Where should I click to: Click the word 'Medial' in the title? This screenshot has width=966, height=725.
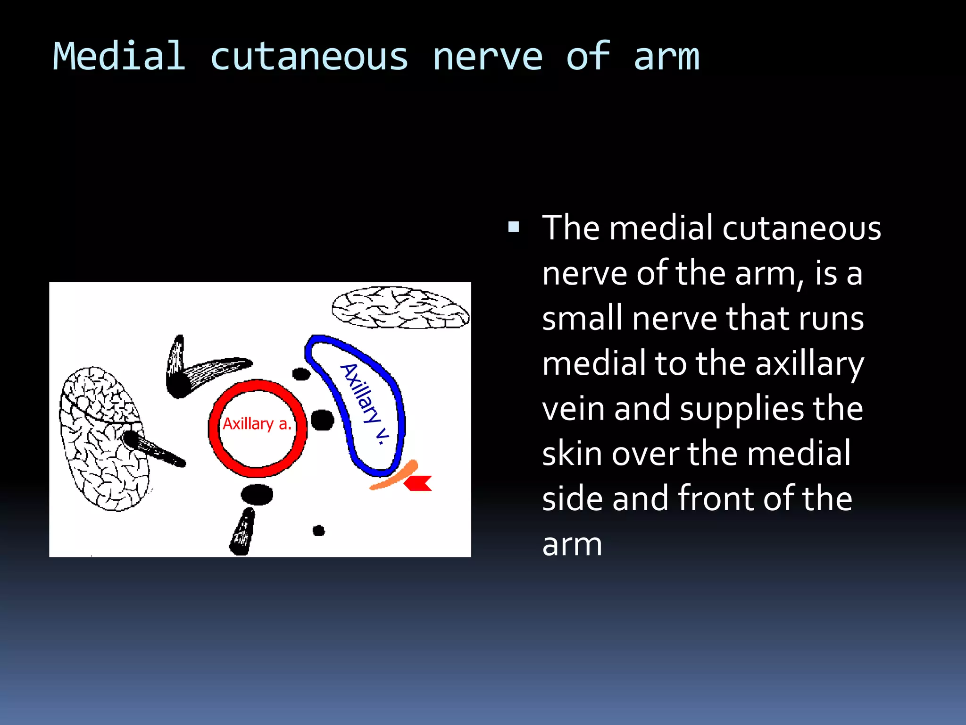click(x=119, y=57)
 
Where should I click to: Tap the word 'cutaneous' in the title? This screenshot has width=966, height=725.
click(x=309, y=57)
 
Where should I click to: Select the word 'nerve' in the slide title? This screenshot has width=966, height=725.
click(x=487, y=57)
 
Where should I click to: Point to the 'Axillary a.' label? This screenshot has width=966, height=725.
click(x=257, y=424)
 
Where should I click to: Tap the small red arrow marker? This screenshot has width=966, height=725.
click(x=419, y=483)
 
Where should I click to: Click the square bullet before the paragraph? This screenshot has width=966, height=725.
click(x=514, y=228)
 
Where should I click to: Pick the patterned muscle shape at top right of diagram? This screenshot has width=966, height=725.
click(x=400, y=308)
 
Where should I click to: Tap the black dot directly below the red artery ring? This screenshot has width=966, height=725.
click(x=257, y=494)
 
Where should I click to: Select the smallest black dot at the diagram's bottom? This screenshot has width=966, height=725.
click(x=319, y=531)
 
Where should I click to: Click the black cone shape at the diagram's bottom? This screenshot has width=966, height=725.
click(x=242, y=532)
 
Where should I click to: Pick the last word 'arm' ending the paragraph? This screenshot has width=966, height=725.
click(x=572, y=544)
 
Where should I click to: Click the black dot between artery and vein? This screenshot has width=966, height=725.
click(x=323, y=420)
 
